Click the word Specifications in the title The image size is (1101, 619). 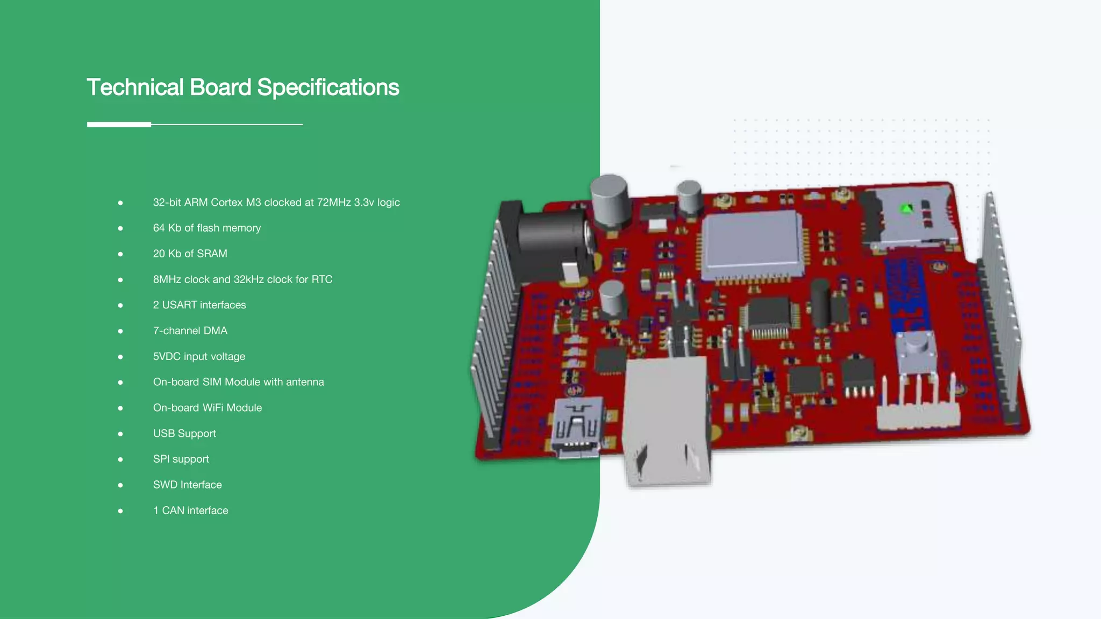pyautogui.click(x=328, y=88)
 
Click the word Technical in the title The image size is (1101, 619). pyautogui.click(x=135, y=88)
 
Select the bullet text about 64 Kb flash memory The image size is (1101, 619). pyautogui.click(x=206, y=228)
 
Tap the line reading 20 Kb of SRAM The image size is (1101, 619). pyautogui.click(x=190, y=254)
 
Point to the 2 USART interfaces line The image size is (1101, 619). pyautogui.click(x=199, y=305)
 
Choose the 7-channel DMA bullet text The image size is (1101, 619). pyautogui.click(x=190, y=330)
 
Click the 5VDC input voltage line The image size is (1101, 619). pyautogui.click(x=199, y=356)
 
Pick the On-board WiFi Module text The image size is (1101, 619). pyautogui.click(x=207, y=408)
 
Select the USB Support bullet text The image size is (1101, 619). pyautogui.click(x=184, y=434)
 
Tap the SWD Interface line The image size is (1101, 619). pyautogui.click(x=187, y=485)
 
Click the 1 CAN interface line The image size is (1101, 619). pyautogui.click(x=190, y=510)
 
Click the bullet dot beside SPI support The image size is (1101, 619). pyautogui.click(x=120, y=459)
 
